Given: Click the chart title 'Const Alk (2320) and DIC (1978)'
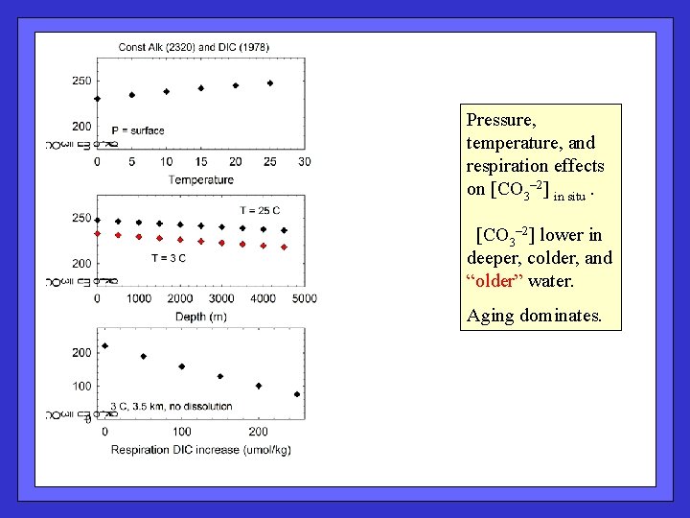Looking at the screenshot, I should click(194, 46).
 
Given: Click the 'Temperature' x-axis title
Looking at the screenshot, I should click(200, 179).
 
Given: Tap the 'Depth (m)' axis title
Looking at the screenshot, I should click(200, 316).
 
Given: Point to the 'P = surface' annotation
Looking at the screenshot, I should click(138, 130).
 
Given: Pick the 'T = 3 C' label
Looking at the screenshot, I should click(168, 257).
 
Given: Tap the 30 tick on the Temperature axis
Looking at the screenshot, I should click(305, 162).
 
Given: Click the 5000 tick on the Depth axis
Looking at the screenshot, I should click(305, 299).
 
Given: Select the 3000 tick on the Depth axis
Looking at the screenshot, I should click(221, 299).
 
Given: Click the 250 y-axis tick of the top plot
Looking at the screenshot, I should click(81, 81).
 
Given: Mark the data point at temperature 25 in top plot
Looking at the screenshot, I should click(270, 83).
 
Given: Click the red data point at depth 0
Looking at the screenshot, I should click(97, 233).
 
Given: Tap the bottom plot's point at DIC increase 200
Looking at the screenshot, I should click(259, 386).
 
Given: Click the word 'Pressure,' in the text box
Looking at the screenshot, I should click(500, 120).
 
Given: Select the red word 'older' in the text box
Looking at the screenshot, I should click(495, 281).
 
